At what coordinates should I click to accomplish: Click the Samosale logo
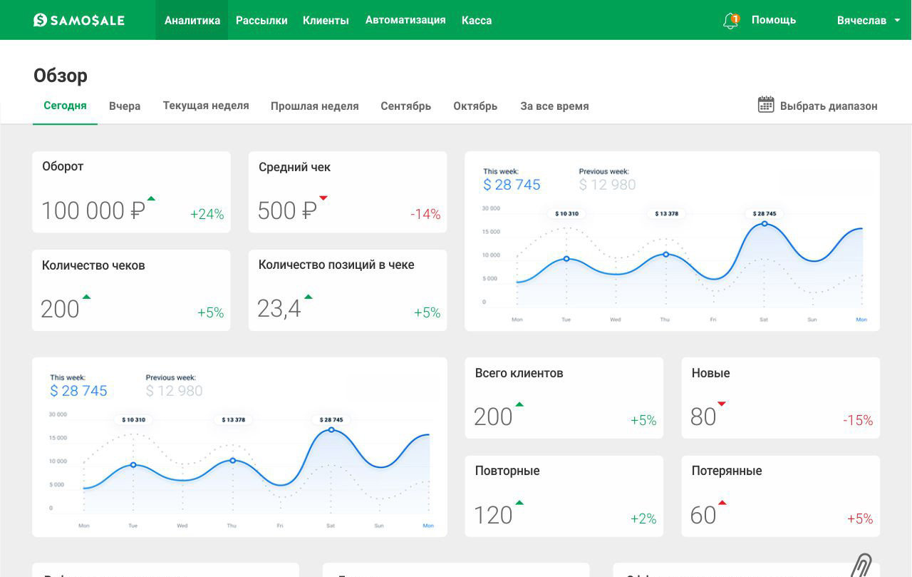click(x=79, y=20)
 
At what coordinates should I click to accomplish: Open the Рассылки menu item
click(x=261, y=20)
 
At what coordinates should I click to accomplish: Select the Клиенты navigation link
click(x=326, y=20)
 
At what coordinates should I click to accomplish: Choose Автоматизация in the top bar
click(x=405, y=20)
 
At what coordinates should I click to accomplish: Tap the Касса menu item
click(x=477, y=20)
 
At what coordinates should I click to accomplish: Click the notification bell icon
click(x=730, y=21)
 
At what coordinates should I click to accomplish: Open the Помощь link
click(x=773, y=20)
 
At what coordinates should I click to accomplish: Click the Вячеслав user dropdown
click(x=868, y=20)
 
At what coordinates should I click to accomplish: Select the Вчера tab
click(x=125, y=106)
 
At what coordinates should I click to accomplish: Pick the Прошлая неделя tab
click(x=314, y=106)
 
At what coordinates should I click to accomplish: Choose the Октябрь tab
click(x=475, y=106)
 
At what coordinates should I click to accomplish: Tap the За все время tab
click(x=554, y=106)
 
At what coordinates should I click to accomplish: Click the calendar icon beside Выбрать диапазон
click(x=766, y=105)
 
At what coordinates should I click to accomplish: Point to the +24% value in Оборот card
click(x=207, y=214)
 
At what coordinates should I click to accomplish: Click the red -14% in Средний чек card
click(x=425, y=214)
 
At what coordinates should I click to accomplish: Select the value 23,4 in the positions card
click(x=279, y=309)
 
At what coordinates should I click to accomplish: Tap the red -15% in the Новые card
click(x=857, y=421)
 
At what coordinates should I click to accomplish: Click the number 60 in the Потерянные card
click(x=703, y=515)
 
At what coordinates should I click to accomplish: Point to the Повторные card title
click(x=507, y=471)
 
